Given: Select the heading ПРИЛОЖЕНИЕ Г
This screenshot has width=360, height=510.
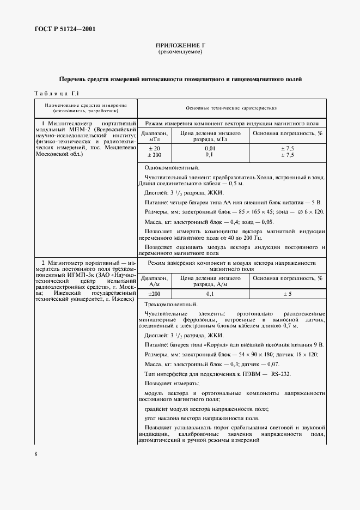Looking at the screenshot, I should tap(180, 46).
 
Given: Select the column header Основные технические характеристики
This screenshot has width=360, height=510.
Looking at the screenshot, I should tap(231, 108).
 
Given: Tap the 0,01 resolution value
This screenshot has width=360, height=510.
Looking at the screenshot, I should tap(210, 148).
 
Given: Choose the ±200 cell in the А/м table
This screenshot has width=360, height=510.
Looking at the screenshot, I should tap(154, 294).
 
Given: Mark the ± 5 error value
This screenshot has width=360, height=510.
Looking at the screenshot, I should tap(287, 294).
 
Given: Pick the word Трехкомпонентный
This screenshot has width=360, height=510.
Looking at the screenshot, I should tap(171, 305).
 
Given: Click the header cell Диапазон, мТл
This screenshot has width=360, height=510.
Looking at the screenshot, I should tap(155, 136).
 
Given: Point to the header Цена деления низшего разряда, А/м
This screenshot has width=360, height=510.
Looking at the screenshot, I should tap(210, 281).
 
